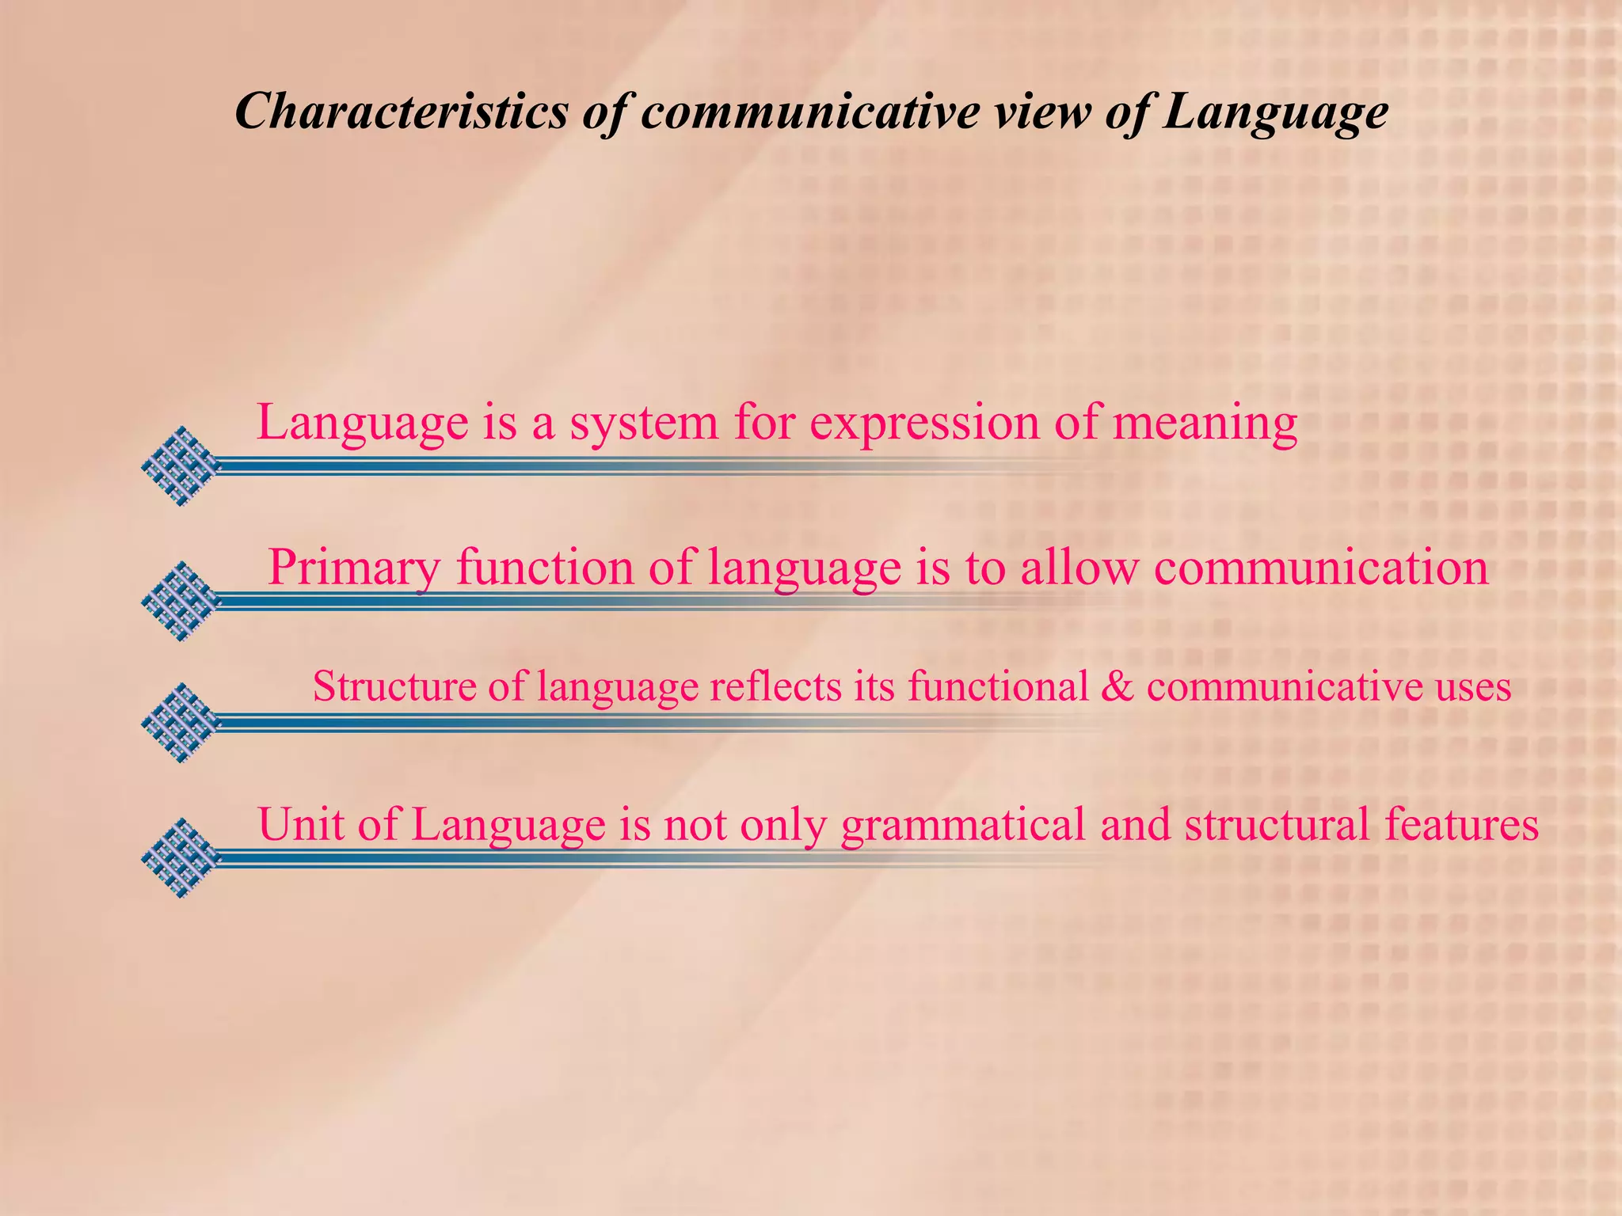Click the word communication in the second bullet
[1321, 567]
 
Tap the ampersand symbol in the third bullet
[1118, 686]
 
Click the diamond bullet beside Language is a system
[181, 466]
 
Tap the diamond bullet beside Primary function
[181, 601]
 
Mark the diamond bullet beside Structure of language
[181, 722]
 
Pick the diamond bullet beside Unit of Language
[181, 857]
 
